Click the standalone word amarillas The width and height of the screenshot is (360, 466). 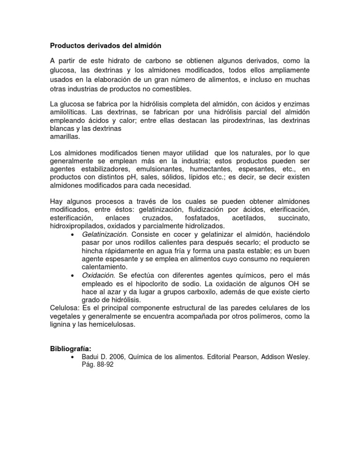[x=65, y=137]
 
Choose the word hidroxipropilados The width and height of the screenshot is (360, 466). [x=76, y=226]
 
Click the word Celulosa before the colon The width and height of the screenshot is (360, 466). [x=65, y=308]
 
